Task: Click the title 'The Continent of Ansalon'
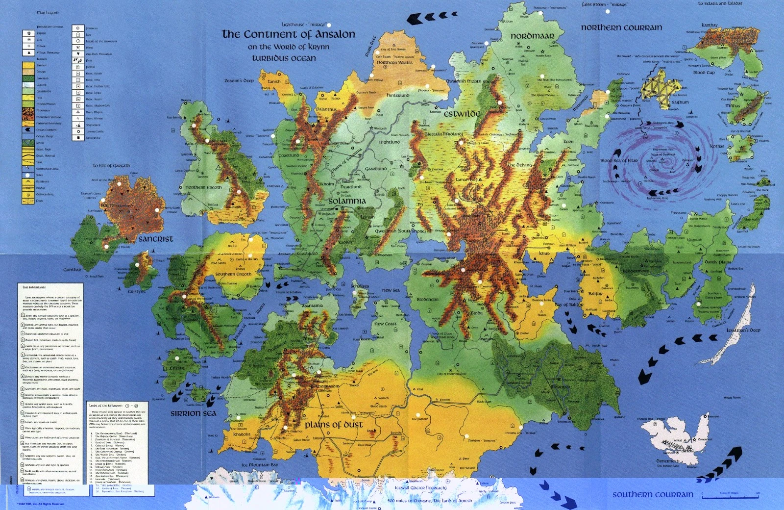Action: pyautogui.click(x=288, y=34)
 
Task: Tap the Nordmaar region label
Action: pyautogui.click(x=532, y=36)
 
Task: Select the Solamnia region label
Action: pyautogui.click(x=347, y=201)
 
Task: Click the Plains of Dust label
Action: pyautogui.click(x=334, y=425)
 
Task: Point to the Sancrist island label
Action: pyautogui.click(x=156, y=239)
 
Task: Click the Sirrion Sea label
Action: pyautogui.click(x=193, y=413)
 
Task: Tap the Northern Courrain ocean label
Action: pyautogui.click(x=621, y=27)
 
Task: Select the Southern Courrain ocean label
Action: pyautogui.click(x=653, y=494)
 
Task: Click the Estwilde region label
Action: pyautogui.click(x=462, y=114)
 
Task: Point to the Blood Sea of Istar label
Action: pyautogui.click(x=619, y=160)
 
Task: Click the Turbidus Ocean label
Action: pyautogui.click(x=284, y=58)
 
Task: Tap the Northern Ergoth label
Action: pyautogui.click(x=203, y=187)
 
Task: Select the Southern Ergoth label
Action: pyautogui.click(x=233, y=274)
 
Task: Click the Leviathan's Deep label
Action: pyautogui.click(x=743, y=330)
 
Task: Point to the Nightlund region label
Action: pyautogui.click(x=389, y=142)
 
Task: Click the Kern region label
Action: pyautogui.click(x=568, y=142)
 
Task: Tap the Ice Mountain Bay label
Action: pyautogui.click(x=259, y=464)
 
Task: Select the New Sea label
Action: pyautogui.click(x=391, y=290)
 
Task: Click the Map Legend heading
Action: pyautogui.click(x=48, y=12)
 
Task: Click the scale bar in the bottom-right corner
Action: pyautogui.click(x=730, y=496)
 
